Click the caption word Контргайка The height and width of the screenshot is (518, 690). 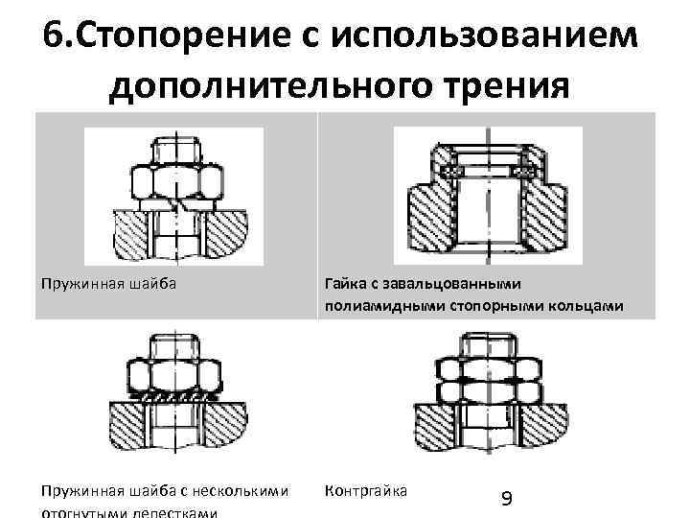coord(366,491)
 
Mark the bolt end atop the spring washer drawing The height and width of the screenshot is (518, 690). coord(178,150)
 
